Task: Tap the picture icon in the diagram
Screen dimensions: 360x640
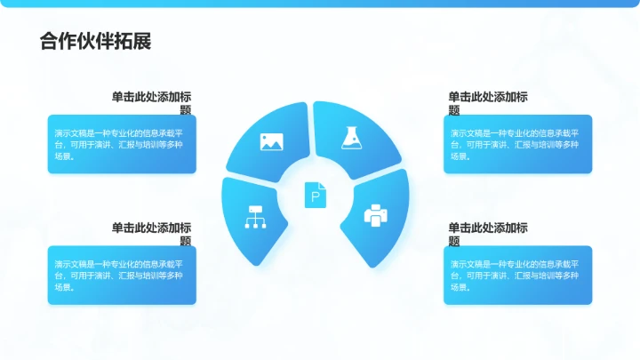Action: (x=272, y=140)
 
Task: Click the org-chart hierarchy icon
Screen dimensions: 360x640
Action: (x=254, y=217)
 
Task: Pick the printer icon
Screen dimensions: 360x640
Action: (x=376, y=215)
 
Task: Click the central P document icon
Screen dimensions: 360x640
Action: (x=316, y=195)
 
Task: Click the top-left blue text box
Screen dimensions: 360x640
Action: (x=122, y=143)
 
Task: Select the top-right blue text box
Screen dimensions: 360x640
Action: (x=517, y=143)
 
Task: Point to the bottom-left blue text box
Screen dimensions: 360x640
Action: (x=122, y=275)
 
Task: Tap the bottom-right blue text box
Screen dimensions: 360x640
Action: (x=517, y=275)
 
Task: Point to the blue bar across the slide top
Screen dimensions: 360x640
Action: (x=320, y=4)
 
